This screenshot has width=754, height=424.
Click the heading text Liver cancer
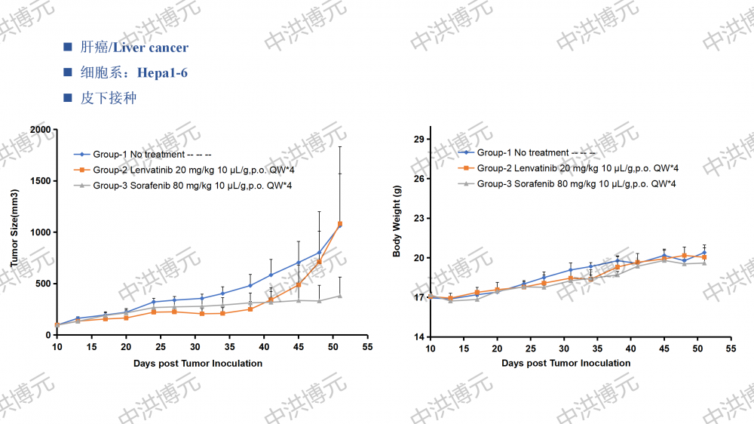(x=150, y=48)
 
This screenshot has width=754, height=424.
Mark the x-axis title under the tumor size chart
(x=198, y=364)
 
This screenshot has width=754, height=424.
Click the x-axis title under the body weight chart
(x=566, y=364)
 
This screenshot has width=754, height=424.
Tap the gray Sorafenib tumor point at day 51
(x=339, y=296)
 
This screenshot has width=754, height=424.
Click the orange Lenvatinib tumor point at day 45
(x=298, y=284)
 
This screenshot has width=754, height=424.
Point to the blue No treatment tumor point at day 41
(x=271, y=275)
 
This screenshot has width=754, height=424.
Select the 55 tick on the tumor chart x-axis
(x=367, y=347)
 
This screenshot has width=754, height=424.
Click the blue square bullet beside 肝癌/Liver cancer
(x=68, y=48)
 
